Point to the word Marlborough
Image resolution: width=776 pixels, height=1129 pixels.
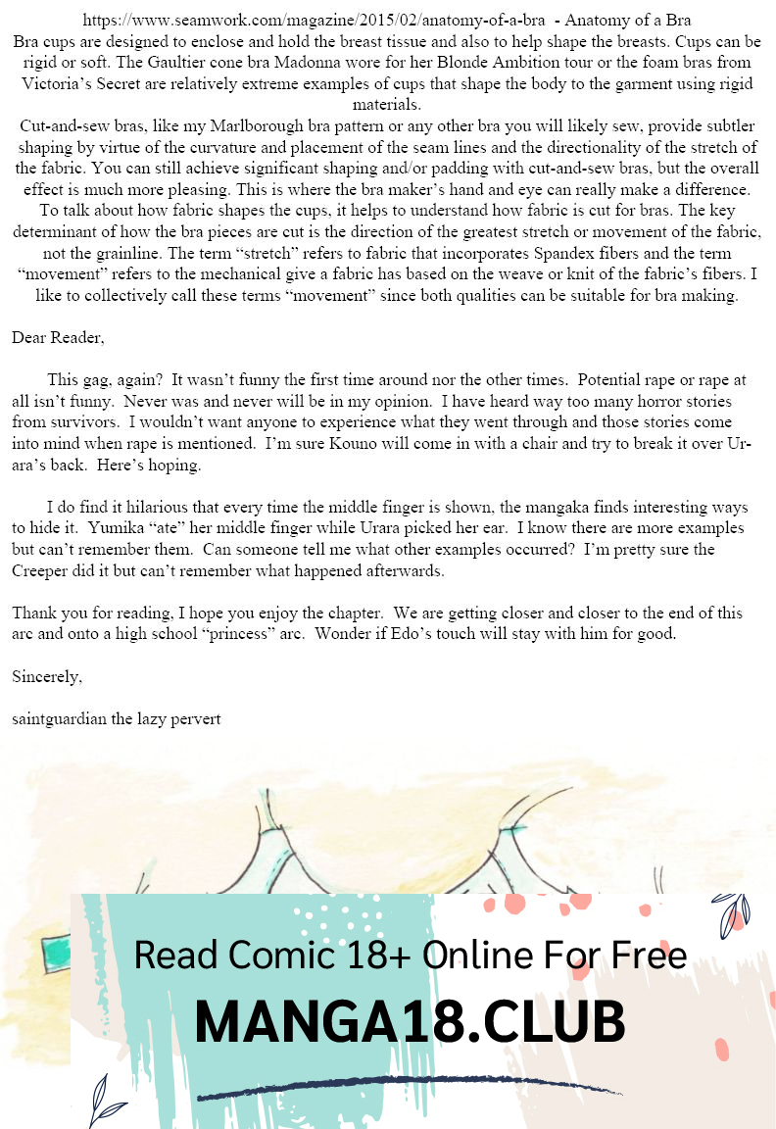[315, 126]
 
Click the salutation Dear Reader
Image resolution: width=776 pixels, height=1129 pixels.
[58, 338]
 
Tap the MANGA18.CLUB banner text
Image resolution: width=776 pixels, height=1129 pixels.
[410, 1022]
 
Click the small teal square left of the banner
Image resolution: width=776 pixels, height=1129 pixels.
[58, 950]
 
